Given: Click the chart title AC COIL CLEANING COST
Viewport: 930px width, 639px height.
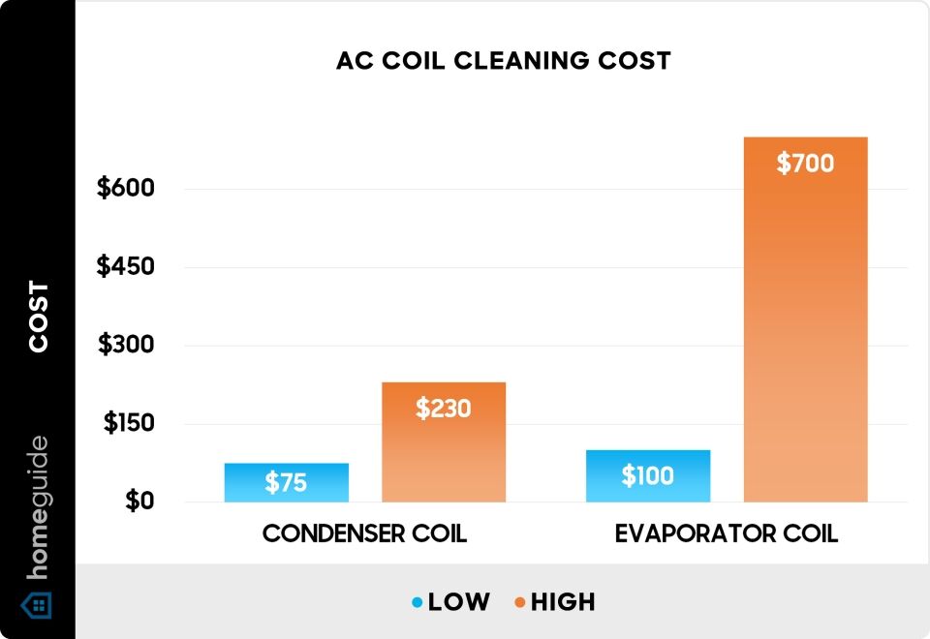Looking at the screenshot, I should click(x=503, y=60).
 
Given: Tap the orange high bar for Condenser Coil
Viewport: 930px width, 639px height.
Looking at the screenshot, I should click(x=444, y=455).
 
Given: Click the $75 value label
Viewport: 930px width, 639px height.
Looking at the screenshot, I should click(x=286, y=483).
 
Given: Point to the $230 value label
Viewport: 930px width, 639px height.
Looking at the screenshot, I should click(x=444, y=409).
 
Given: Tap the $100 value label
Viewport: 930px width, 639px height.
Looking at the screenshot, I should click(x=647, y=476).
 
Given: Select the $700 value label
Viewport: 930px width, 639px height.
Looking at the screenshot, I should click(x=805, y=164).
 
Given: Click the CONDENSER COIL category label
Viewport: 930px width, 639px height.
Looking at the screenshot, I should click(x=364, y=533).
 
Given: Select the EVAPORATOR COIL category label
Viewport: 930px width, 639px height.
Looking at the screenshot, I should click(x=727, y=533).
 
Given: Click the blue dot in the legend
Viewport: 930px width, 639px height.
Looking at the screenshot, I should click(x=417, y=602).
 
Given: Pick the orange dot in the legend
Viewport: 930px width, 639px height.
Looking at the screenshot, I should click(x=520, y=602).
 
